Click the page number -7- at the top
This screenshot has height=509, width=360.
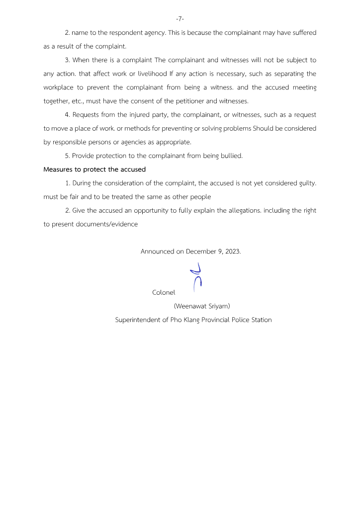click(180, 19)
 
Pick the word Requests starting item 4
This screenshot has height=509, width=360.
click(88, 115)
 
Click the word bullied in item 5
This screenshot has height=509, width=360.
click(231, 156)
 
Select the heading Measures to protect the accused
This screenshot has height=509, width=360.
click(94, 170)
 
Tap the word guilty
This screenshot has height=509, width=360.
click(303, 183)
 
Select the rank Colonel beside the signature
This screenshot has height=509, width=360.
click(164, 292)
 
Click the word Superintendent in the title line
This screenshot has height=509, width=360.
click(138, 320)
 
